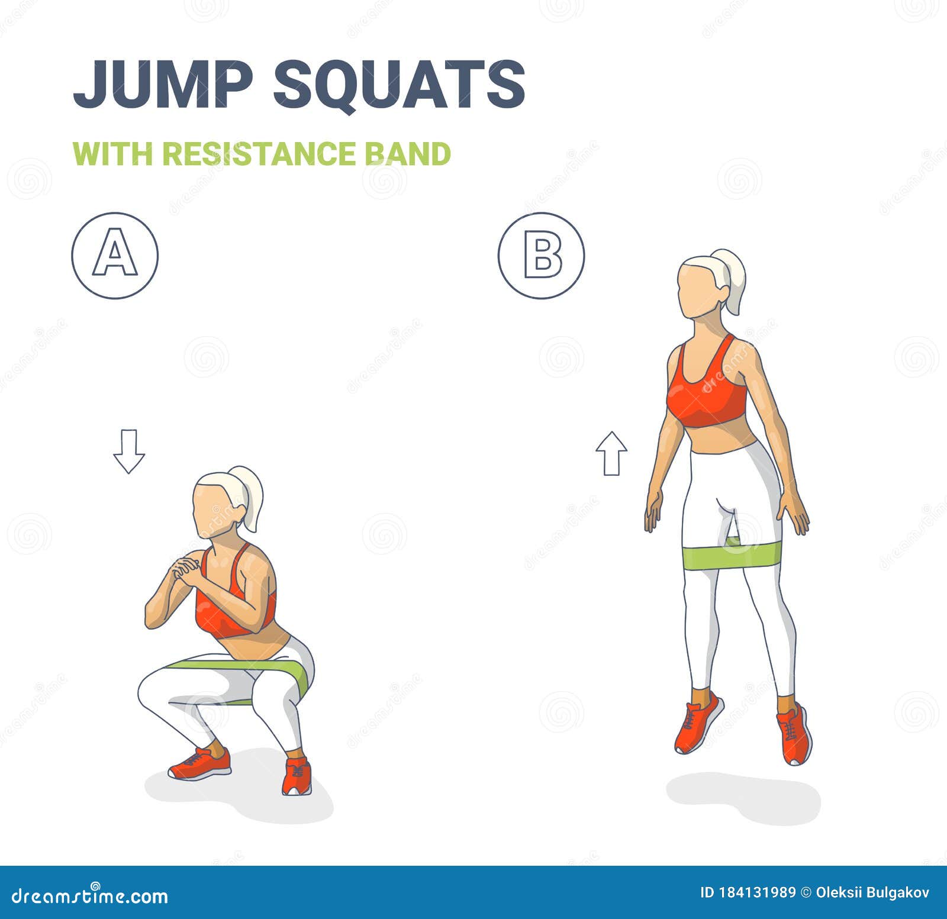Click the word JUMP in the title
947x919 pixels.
[163, 83]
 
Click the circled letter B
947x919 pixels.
[541, 256]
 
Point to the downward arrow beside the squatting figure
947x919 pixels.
[129, 451]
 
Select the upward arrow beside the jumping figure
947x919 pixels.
[611, 453]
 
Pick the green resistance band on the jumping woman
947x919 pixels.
[732, 556]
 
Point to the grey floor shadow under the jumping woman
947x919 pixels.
[743, 797]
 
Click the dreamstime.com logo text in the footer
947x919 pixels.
[90, 896]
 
